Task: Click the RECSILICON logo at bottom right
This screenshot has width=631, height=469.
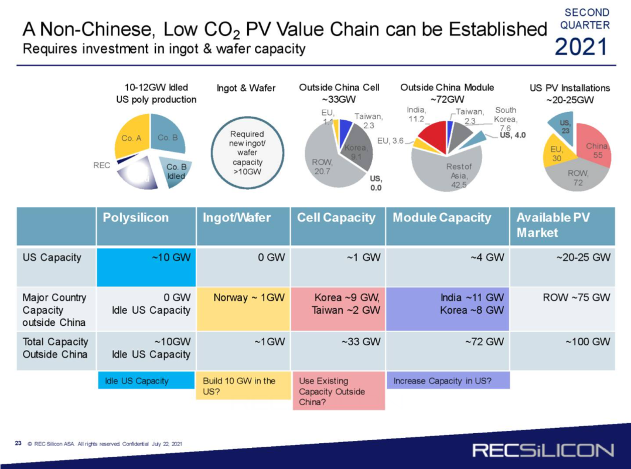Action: (543, 450)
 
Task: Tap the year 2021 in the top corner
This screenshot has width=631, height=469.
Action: (582, 46)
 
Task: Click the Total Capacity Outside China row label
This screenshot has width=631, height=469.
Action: (56, 348)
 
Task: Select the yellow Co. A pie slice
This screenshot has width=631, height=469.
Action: (132, 138)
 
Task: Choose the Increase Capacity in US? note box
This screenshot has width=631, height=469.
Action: (448, 380)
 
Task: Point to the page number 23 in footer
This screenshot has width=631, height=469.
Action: (18, 444)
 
